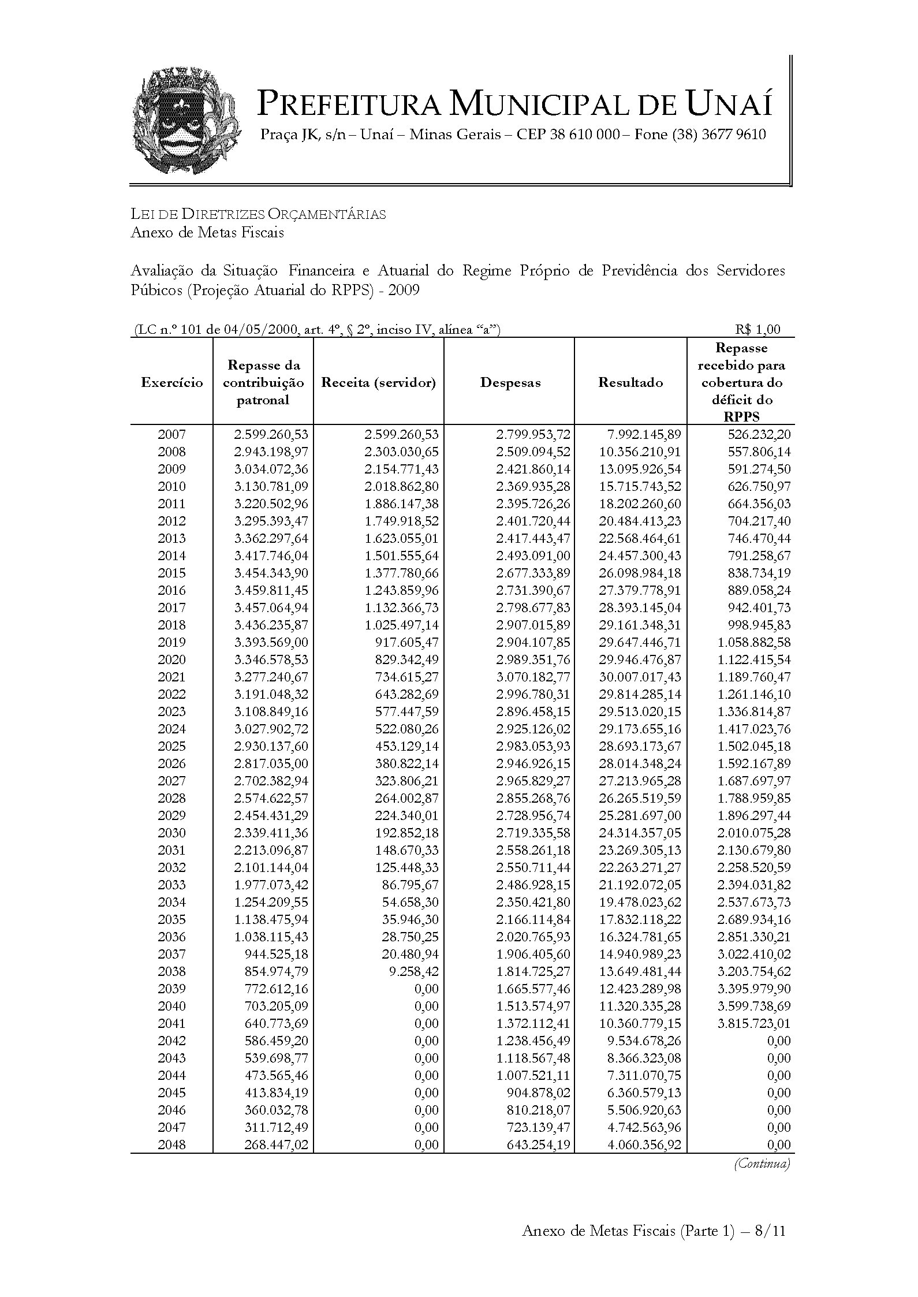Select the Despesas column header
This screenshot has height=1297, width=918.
coord(510,382)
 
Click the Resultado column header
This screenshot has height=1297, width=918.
coord(630,382)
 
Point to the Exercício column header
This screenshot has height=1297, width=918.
coord(171,382)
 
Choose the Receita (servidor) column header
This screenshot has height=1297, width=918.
coord(378,382)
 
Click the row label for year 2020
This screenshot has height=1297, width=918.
coord(171,659)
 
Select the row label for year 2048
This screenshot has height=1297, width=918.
coord(171,1145)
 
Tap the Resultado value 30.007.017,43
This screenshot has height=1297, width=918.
coord(640,677)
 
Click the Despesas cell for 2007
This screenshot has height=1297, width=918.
coord(533,434)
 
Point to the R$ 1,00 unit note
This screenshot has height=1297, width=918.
coord(757,329)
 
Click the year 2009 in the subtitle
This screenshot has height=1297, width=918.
coord(404,290)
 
